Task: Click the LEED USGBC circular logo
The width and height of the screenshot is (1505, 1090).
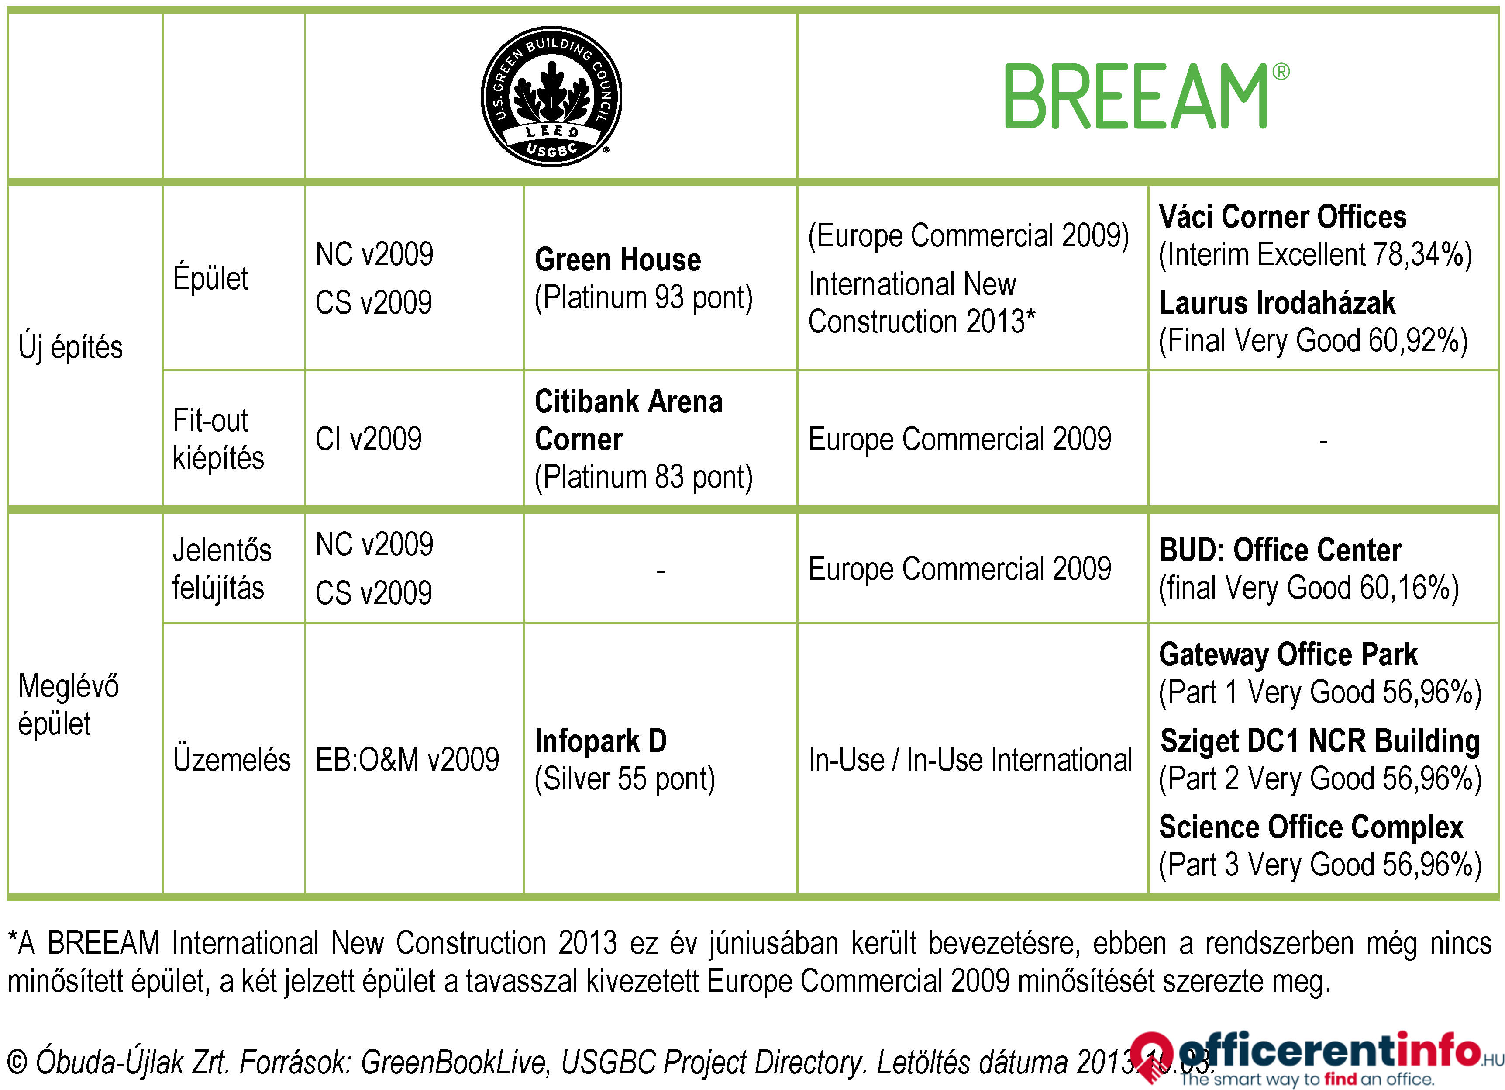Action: (551, 96)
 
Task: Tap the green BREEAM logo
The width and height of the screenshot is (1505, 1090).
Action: (1147, 96)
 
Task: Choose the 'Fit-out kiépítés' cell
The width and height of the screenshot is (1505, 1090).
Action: (218, 439)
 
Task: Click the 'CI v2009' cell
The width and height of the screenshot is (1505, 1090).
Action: (369, 439)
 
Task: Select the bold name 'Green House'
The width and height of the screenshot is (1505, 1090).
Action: (618, 259)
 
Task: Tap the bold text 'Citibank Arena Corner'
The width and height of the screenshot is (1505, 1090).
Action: (628, 420)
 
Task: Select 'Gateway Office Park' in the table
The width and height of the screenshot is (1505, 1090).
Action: (1288, 654)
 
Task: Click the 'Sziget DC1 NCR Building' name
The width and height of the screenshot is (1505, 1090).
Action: (1320, 741)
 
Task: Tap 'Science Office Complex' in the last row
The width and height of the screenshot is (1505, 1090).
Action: (1311, 827)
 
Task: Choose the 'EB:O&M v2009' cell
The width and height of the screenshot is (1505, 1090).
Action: (407, 759)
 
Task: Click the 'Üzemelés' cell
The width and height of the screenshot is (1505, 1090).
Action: (231, 759)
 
